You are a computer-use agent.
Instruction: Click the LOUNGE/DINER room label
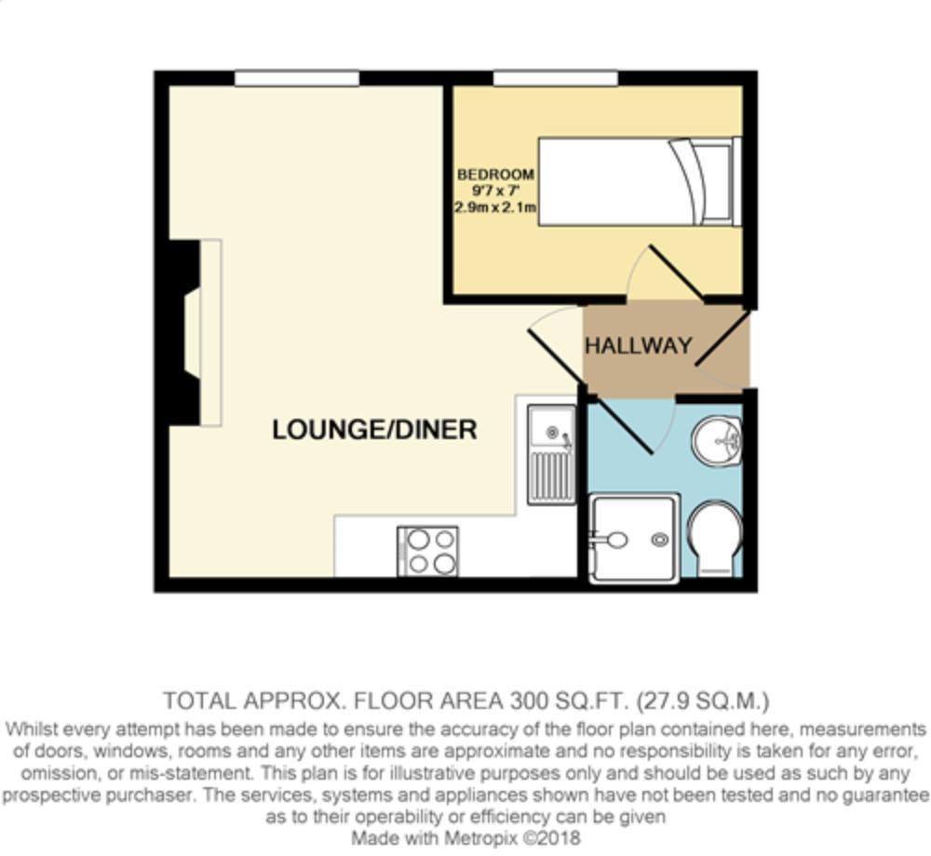(x=374, y=429)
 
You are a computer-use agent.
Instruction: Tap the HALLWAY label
(x=638, y=346)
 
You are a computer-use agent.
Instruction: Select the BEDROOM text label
(x=495, y=174)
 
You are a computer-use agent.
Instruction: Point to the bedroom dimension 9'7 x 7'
(x=495, y=191)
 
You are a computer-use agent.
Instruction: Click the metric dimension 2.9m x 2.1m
(x=495, y=208)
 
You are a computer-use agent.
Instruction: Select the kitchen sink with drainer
(x=551, y=454)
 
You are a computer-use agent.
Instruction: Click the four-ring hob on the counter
(x=428, y=551)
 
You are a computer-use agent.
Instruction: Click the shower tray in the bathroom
(x=634, y=539)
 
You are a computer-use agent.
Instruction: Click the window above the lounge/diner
(x=296, y=78)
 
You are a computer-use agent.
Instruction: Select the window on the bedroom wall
(x=555, y=78)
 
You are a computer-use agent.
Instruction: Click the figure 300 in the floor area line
(x=526, y=700)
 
